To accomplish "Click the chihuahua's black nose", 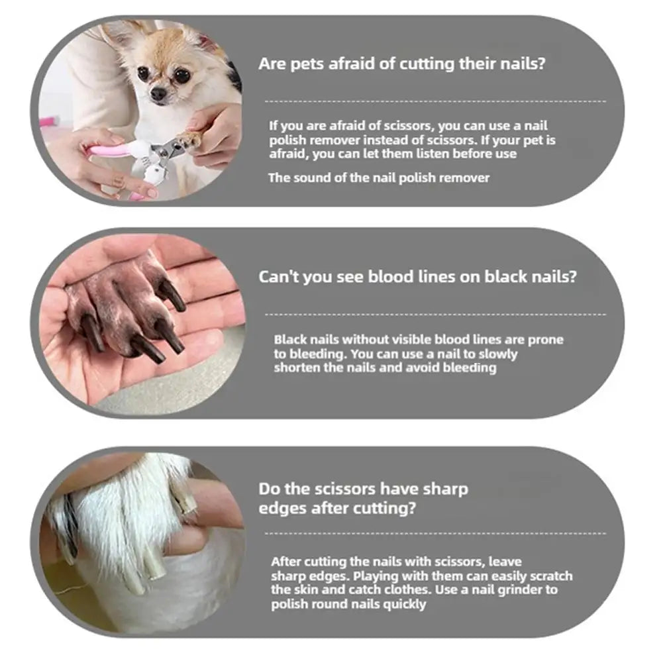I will tap(159, 95).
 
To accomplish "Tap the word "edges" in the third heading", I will tap(279, 509).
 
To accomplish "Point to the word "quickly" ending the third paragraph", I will tap(404, 604).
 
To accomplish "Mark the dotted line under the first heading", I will tap(435, 101).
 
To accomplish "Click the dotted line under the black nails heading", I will tap(435, 314).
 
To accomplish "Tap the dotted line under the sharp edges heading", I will tap(435, 533).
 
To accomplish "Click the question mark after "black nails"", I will tap(572, 276).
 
